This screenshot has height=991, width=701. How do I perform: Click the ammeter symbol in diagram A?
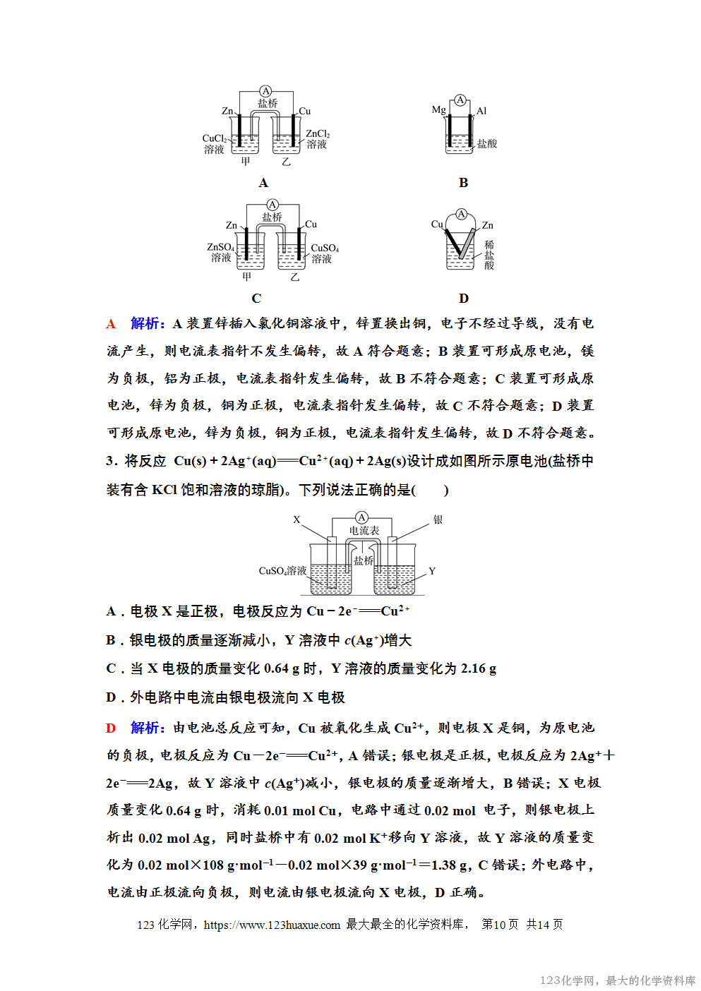[265, 91]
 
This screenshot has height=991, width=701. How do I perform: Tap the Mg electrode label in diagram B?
[438, 110]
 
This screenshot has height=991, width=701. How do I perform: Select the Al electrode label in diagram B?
[481, 111]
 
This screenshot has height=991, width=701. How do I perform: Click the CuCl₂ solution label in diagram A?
[215, 139]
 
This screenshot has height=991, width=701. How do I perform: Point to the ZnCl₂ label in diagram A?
[318, 134]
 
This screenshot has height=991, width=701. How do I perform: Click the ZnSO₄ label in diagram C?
[220, 247]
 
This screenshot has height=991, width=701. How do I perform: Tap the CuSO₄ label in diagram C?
[325, 248]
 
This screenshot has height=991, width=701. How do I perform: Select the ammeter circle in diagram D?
[462, 214]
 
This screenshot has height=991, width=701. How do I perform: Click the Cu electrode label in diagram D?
[437, 224]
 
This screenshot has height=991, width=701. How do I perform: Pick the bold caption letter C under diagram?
[256, 299]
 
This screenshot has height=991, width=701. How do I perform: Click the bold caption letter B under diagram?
[463, 183]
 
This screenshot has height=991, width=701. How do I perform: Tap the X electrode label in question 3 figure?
[296, 519]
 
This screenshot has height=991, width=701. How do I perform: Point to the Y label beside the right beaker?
[432, 571]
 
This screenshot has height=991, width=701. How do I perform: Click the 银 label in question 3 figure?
[438, 520]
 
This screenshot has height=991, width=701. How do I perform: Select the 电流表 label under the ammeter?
[364, 530]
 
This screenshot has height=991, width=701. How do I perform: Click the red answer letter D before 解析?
[111, 728]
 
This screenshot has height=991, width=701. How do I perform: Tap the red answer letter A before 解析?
[111, 324]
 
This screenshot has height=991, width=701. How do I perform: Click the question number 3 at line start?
[110, 461]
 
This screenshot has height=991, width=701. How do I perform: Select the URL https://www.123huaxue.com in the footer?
[272, 925]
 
